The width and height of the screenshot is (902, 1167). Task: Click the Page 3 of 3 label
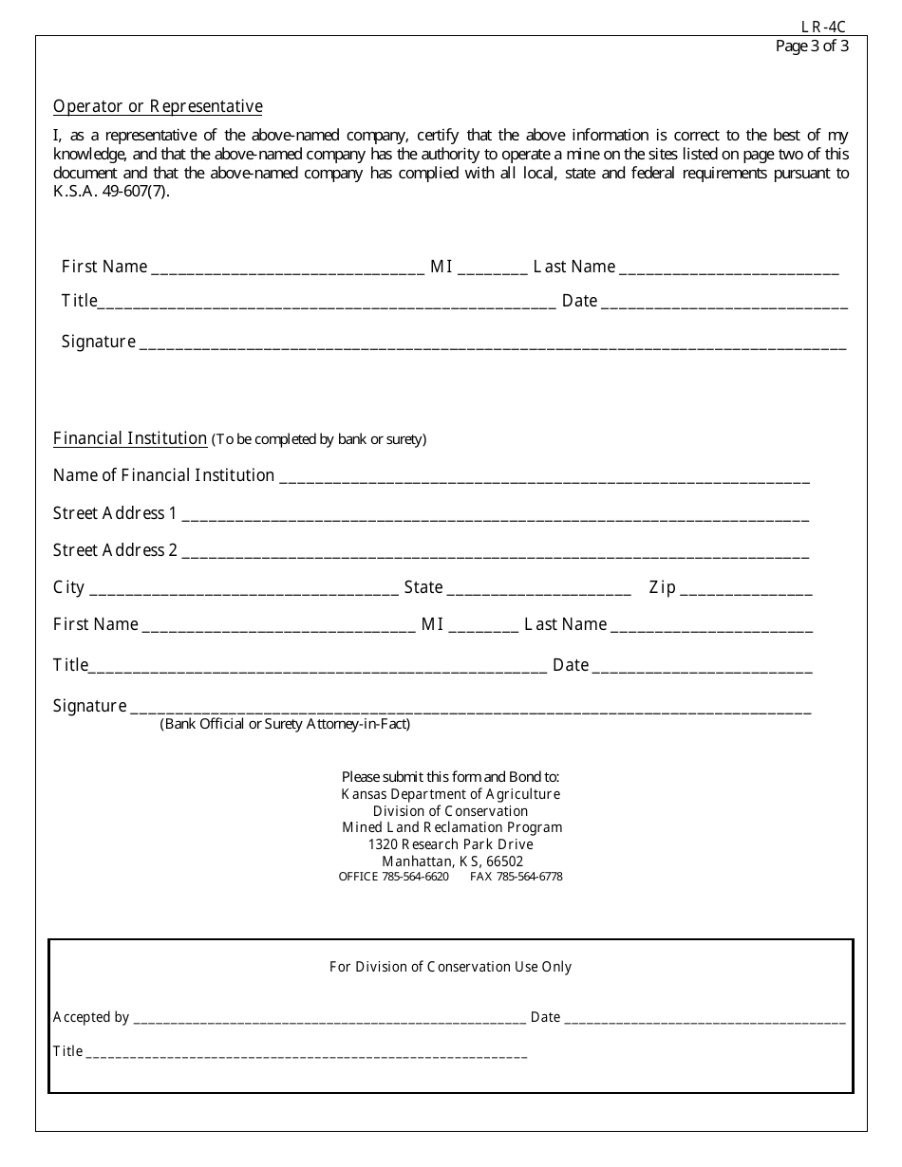click(812, 46)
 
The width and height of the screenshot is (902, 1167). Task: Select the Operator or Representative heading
click(158, 106)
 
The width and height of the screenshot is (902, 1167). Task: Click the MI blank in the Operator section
click(492, 269)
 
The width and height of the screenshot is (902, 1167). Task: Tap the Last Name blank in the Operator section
click(728, 269)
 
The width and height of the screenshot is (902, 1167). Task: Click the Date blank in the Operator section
click(723, 303)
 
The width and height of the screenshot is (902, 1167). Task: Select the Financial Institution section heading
click(130, 438)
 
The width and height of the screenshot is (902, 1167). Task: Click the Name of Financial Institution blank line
click(544, 477)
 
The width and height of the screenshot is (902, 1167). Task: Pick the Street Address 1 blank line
click(495, 515)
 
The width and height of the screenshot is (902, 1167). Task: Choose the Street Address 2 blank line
click(495, 552)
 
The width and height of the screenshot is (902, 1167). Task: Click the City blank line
click(243, 589)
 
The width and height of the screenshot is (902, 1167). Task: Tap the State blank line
click(538, 589)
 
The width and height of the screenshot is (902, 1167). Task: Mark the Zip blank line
click(745, 589)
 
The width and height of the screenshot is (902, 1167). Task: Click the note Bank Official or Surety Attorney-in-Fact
click(285, 724)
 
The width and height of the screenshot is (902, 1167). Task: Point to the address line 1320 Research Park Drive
click(450, 844)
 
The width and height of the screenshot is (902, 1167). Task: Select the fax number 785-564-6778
click(529, 877)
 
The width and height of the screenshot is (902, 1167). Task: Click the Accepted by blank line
click(329, 1019)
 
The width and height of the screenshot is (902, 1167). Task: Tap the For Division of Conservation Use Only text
click(450, 967)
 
